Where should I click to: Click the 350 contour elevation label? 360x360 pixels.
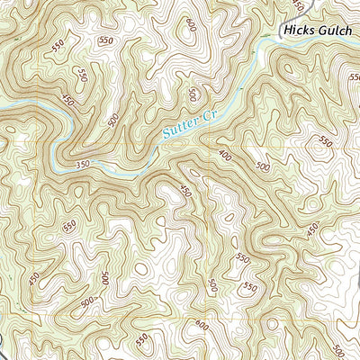(x=84, y=164)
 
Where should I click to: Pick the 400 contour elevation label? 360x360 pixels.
(x=223, y=156)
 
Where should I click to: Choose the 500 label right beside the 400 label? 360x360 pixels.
(x=263, y=167)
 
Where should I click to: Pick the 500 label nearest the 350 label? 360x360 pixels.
(x=112, y=121)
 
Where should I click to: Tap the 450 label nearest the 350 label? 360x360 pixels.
(x=67, y=102)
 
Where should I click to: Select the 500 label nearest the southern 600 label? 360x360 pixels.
(x=211, y=286)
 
